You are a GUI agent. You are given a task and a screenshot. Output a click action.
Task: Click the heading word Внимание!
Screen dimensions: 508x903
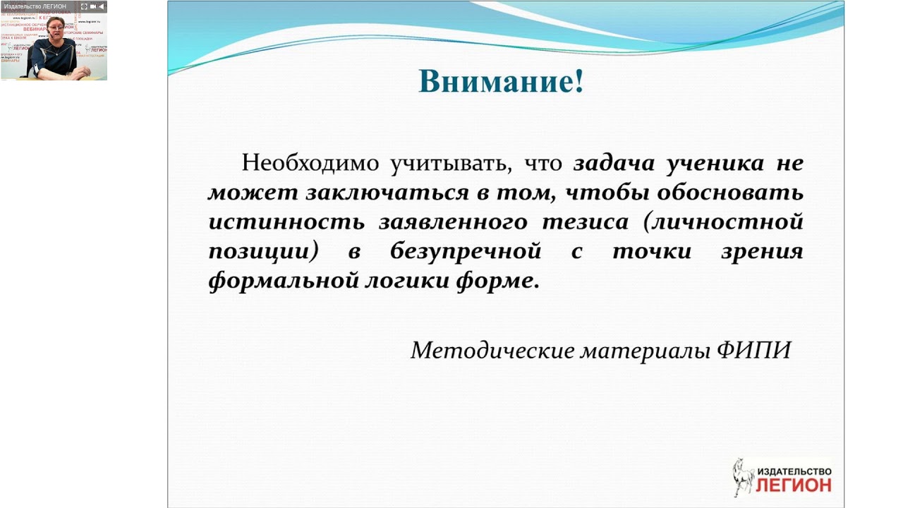point(501,81)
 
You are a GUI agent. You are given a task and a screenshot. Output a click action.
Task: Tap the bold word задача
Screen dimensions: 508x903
point(611,163)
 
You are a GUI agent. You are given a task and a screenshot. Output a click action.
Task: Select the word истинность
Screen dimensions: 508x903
point(286,222)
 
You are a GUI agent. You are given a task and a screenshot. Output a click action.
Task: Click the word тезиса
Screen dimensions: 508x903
point(585,222)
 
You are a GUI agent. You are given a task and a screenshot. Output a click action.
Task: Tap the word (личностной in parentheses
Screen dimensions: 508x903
point(724,222)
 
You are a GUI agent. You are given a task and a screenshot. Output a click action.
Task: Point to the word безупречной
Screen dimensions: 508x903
point(465,252)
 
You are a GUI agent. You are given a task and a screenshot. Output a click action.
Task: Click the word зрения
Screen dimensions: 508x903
point(761,252)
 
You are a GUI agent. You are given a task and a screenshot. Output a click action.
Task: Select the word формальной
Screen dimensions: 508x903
point(282,282)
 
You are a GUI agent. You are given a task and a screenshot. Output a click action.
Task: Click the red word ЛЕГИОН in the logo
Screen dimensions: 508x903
point(793,485)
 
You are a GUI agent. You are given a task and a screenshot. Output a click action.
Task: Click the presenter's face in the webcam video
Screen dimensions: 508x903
point(55,30)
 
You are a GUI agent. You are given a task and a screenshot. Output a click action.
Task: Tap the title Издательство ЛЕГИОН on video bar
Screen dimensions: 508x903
point(35,6)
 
